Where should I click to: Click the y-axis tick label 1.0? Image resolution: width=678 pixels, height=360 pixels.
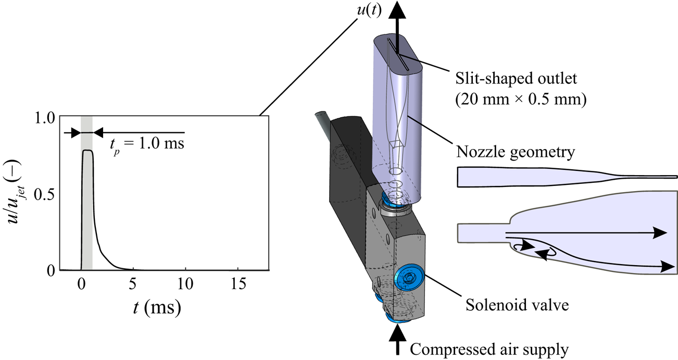44,118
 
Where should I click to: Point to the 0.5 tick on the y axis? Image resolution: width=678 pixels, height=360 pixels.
44,194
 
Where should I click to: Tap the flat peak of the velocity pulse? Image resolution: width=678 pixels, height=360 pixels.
87,151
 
